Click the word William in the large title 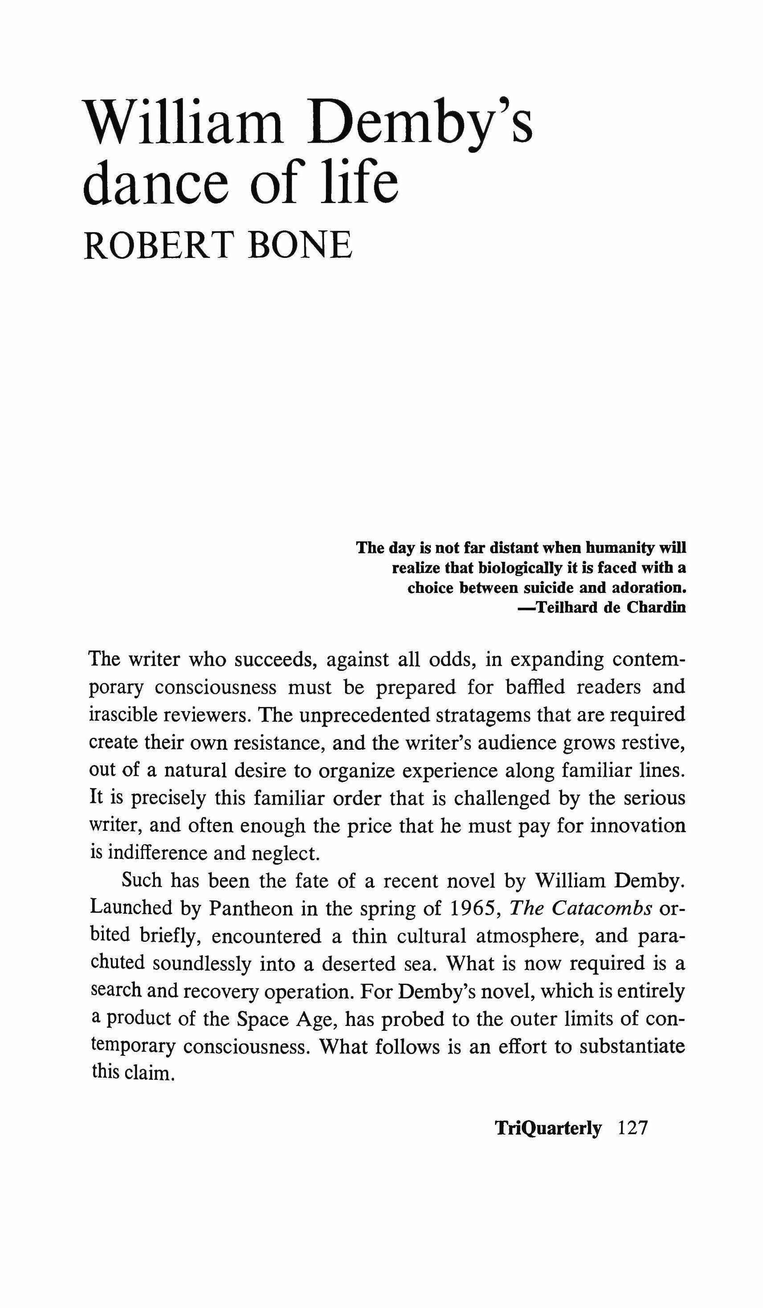185,123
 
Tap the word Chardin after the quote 656,607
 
